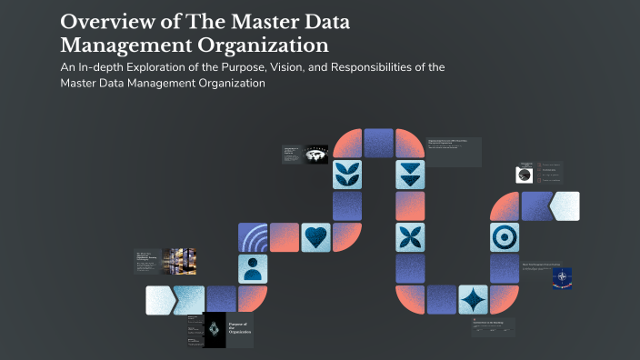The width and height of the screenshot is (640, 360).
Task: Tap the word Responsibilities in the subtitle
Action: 359,68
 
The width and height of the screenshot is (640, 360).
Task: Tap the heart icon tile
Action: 315,236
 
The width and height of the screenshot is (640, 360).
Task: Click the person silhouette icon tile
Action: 253,267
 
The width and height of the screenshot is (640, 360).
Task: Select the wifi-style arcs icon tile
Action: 253,236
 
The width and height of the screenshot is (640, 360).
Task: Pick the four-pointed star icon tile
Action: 473,299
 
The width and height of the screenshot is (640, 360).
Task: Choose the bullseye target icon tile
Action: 504,236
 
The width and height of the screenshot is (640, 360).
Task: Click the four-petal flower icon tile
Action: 410,236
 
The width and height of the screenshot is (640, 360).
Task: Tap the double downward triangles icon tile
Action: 410,174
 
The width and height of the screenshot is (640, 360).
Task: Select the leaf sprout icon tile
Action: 347,174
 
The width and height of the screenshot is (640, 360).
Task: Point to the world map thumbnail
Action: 315,155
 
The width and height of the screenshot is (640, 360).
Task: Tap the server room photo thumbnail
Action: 175,262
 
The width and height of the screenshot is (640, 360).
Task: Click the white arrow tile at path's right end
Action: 565,205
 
